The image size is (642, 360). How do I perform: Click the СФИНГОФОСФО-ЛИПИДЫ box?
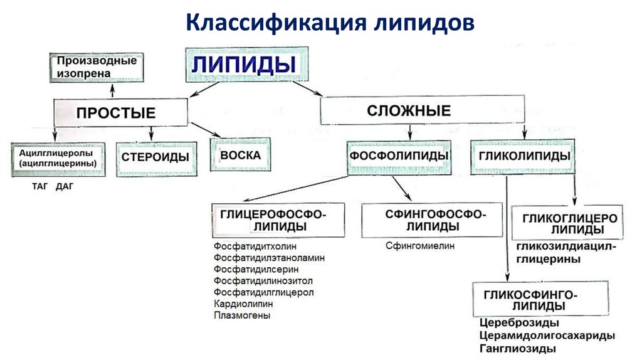433,220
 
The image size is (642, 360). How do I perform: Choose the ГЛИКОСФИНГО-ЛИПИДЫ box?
539,300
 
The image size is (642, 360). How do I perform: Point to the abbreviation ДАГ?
65,186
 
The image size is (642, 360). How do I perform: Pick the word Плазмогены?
242,315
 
